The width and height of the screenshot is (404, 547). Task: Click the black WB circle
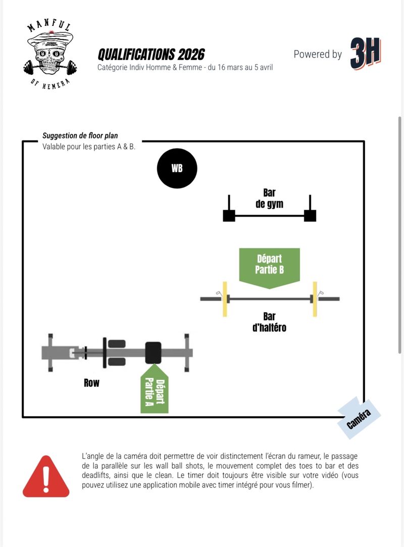point(177,169)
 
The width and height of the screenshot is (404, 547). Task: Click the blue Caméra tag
point(359,418)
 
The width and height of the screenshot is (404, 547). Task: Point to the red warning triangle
point(46,477)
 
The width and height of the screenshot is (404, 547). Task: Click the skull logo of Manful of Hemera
point(50,56)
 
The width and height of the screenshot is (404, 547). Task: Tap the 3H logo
point(366,53)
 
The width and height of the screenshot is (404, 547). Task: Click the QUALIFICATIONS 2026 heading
point(151,55)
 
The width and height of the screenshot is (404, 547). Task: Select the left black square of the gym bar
point(229,216)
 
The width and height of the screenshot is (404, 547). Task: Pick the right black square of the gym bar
point(310,216)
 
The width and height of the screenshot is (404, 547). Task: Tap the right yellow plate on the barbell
point(315,299)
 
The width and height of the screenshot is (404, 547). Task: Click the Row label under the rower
point(92,383)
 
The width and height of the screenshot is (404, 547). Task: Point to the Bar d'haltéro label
point(269,322)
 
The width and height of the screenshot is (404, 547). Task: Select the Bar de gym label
point(269,198)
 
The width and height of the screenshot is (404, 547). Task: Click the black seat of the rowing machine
point(153,353)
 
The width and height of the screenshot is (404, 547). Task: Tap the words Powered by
point(318,55)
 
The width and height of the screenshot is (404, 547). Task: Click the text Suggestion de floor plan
point(80,136)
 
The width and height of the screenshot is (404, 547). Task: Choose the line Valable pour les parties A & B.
point(89,147)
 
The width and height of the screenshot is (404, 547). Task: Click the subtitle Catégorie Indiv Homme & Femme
point(185,67)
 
